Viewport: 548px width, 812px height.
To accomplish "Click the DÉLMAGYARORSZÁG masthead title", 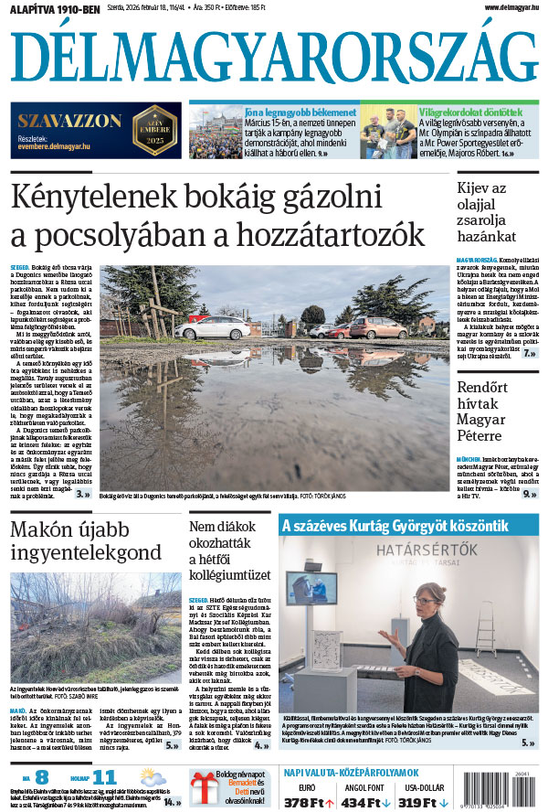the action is [274, 58].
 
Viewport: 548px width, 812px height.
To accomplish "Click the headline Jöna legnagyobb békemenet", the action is [266, 110].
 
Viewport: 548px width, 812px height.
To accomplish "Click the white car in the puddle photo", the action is [212, 327].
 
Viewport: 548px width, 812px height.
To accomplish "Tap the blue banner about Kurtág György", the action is [407, 525].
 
